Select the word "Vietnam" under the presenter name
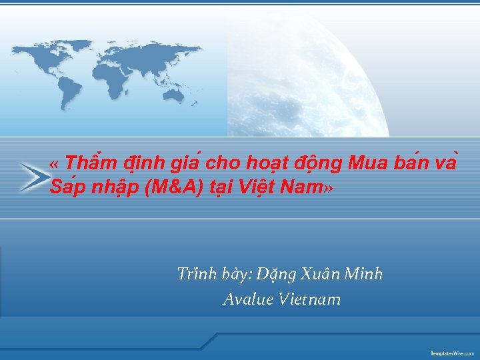click(x=310, y=300)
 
